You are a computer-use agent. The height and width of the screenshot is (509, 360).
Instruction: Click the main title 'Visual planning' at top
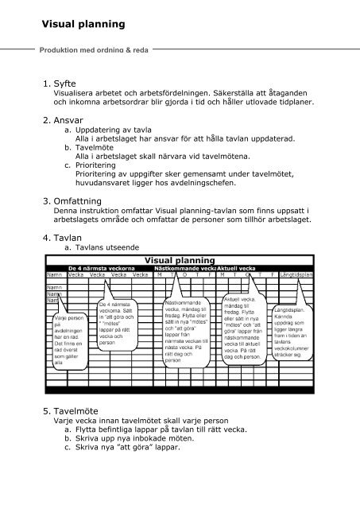pyautogui.click(x=72, y=25)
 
